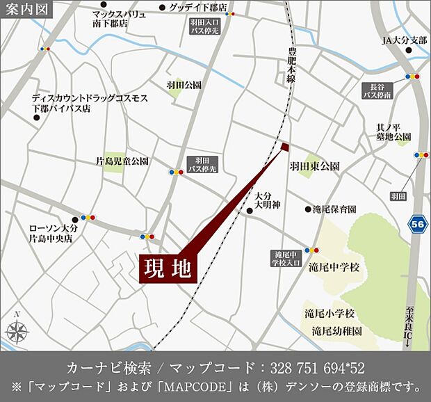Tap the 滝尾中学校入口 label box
[286, 258]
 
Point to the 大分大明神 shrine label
[266, 200]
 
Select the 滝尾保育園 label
[335, 209]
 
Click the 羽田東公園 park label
[315, 167]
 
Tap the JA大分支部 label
[405, 40]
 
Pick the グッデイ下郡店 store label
[197, 8]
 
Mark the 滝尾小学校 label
[330, 313]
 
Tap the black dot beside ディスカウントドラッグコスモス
[37, 118]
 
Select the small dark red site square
[284, 146]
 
